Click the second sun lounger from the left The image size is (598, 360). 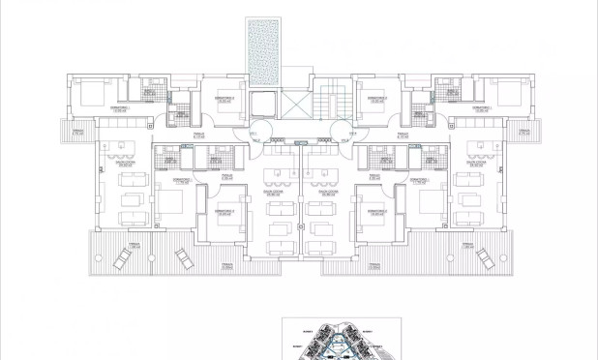[x=182, y=257]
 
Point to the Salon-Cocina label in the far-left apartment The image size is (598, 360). [x=125, y=165]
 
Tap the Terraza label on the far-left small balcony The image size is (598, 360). [x=77, y=133]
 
